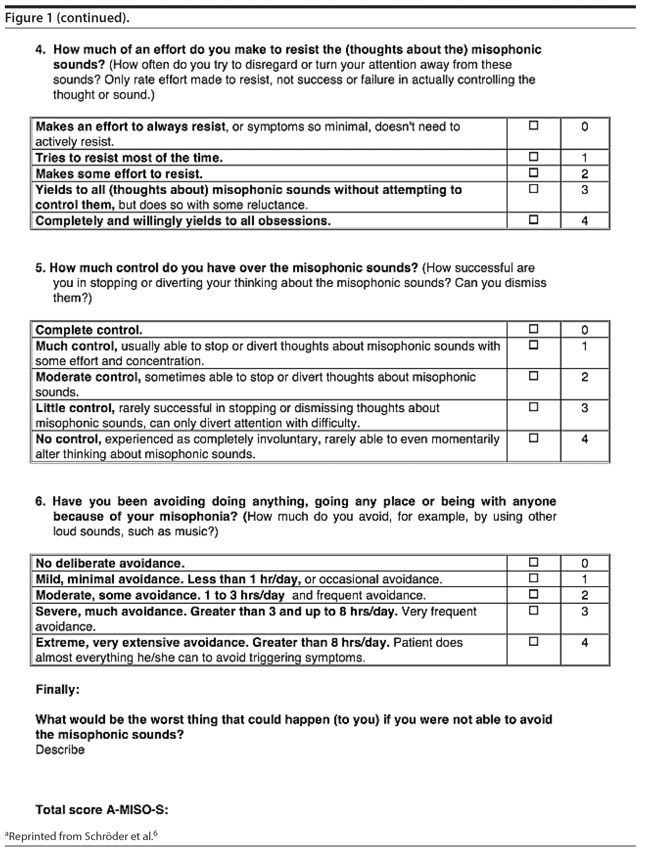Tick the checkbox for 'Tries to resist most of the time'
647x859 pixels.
[x=533, y=157]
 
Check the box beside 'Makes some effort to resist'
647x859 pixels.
[x=533, y=173]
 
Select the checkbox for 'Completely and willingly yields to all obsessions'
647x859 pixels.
[x=533, y=219]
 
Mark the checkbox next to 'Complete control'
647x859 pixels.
[x=533, y=329]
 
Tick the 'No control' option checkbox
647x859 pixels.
[x=533, y=438]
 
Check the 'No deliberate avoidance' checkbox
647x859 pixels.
[x=533, y=562]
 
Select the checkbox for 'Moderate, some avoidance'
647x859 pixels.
[x=533, y=594]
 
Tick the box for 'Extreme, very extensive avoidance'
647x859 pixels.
[x=533, y=642]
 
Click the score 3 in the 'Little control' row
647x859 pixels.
[x=584, y=408]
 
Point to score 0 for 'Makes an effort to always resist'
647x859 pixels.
[x=584, y=127]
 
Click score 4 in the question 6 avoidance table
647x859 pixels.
[x=584, y=642]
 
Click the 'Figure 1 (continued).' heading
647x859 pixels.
[x=67, y=18]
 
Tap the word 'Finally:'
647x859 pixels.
[x=58, y=689]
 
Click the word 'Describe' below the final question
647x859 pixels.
[x=60, y=750]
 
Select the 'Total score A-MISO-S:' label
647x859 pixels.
[x=102, y=810]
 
